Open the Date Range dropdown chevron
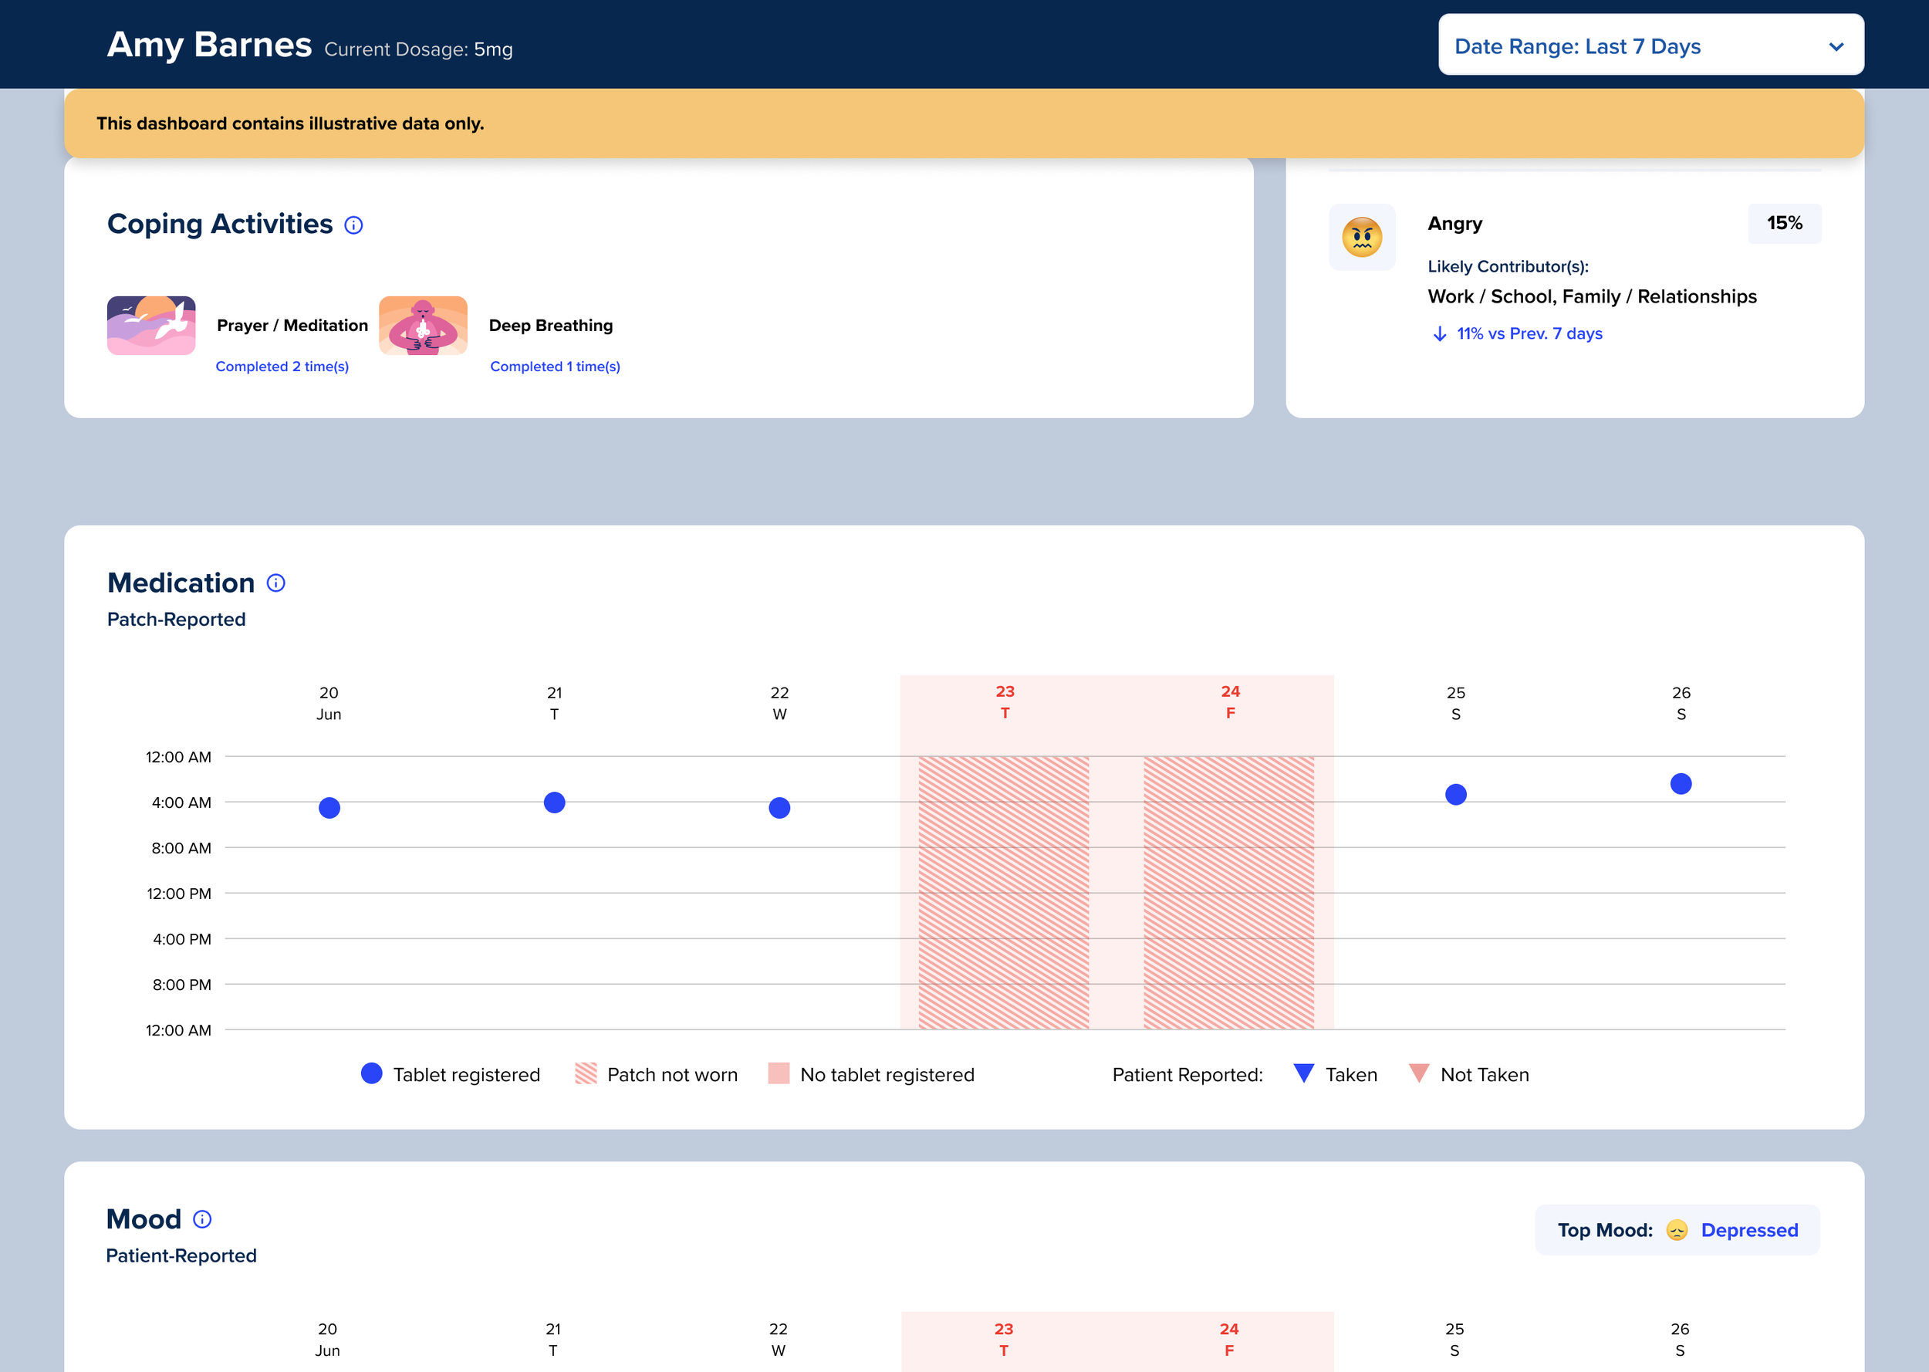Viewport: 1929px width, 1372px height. (x=1836, y=46)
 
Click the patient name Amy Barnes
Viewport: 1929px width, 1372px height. (x=208, y=45)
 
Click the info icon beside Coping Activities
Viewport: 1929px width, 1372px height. (x=354, y=225)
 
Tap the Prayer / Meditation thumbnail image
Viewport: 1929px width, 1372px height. (x=151, y=326)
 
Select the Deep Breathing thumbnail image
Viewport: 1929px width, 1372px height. (x=423, y=326)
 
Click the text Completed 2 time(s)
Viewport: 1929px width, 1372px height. (x=282, y=367)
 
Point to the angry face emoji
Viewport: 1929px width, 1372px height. (x=1361, y=238)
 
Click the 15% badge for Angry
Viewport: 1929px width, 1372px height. (x=1784, y=223)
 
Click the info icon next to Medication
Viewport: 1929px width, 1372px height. (x=276, y=583)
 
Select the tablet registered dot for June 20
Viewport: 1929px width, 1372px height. (x=329, y=808)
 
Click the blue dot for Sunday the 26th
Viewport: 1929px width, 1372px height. (x=1681, y=784)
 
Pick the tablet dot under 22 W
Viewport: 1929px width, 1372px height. (x=779, y=808)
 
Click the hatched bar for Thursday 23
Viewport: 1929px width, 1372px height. (x=1003, y=892)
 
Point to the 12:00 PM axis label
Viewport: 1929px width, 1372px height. (x=178, y=894)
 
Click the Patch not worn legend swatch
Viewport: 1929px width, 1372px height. (x=586, y=1074)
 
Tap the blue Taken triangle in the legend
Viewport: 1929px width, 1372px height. (x=1303, y=1073)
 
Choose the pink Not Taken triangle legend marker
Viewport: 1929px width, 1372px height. (x=1419, y=1073)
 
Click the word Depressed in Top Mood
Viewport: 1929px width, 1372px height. (x=1749, y=1230)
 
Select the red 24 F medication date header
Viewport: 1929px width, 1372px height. (x=1230, y=702)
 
